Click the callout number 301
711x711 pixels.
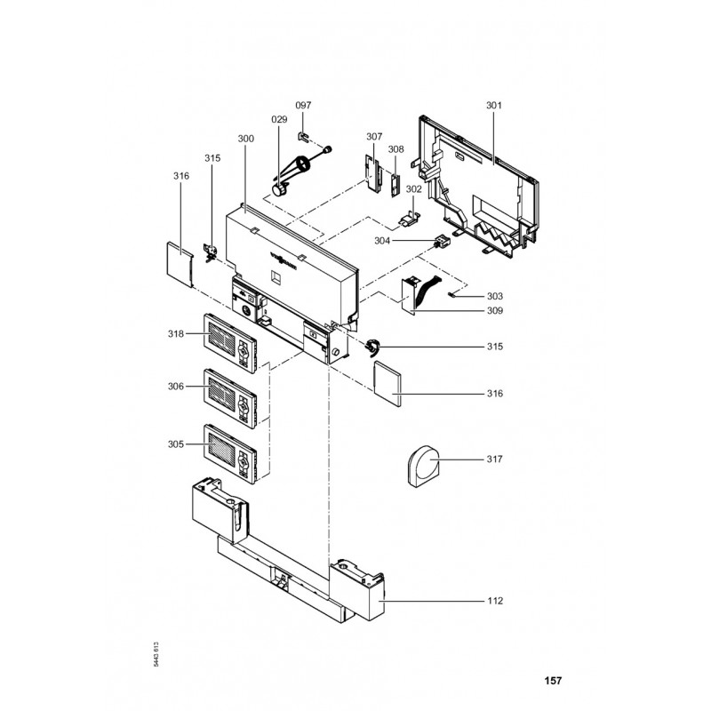494,106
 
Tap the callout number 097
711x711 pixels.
303,106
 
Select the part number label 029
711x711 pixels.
279,119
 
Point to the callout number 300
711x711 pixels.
246,140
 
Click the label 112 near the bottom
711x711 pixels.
495,601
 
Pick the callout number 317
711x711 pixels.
495,459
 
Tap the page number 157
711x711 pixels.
553,682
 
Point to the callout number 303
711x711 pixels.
495,296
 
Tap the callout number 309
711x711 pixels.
495,311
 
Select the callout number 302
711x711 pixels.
413,189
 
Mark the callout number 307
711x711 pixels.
374,137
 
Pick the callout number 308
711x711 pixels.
395,149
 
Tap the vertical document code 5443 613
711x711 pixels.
156,654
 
